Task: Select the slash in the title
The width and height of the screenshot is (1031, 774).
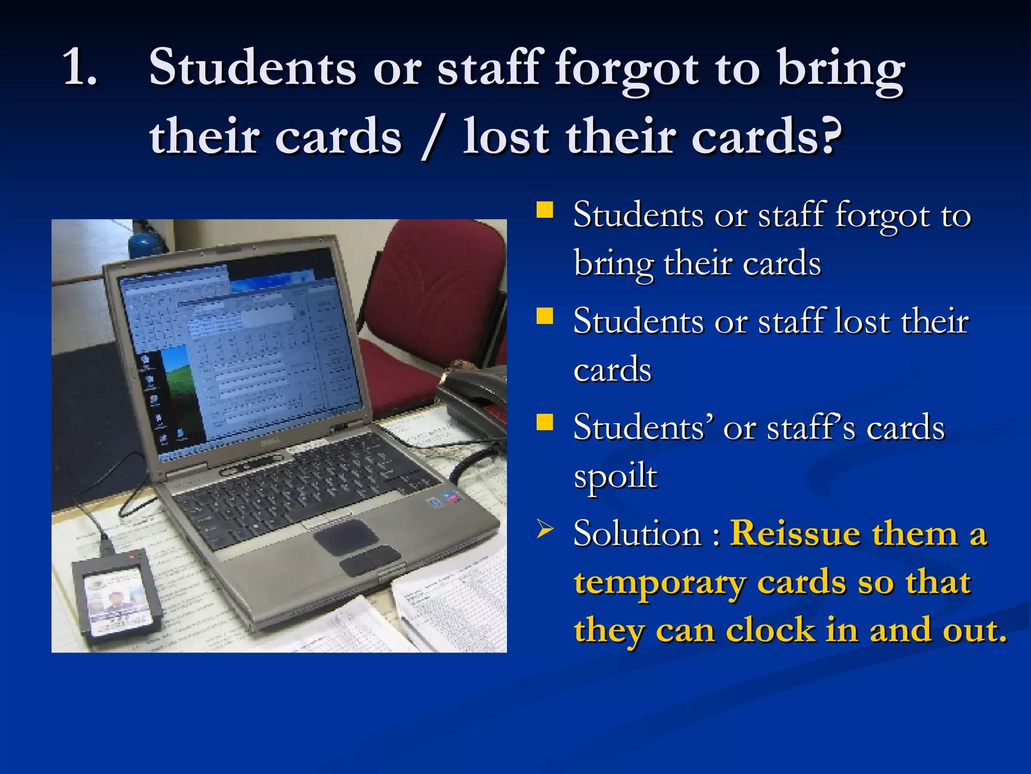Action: coord(433,137)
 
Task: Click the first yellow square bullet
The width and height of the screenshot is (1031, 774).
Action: coord(545,210)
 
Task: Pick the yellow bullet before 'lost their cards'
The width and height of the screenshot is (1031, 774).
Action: coord(545,316)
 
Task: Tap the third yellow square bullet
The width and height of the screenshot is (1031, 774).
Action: coord(545,422)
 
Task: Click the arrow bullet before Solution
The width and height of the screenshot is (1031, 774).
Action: coord(545,529)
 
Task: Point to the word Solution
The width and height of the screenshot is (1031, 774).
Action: coord(637,533)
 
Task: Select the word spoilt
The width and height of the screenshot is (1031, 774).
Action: coord(615,476)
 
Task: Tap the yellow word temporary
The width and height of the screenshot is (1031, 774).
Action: coord(659,583)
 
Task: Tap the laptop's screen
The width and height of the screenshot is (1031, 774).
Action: coord(242,353)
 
